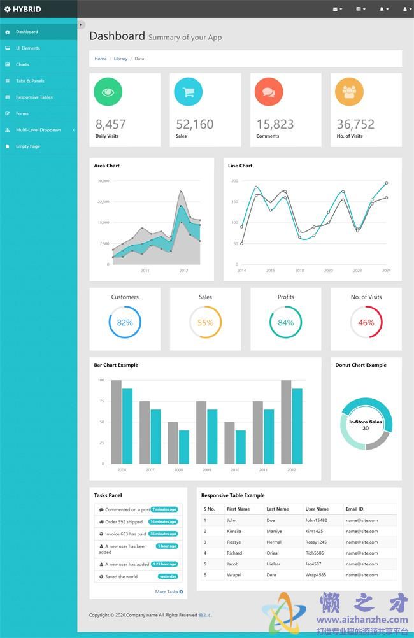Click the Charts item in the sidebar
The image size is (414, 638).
click(22, 64)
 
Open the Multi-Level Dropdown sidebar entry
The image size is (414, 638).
click(38, 130)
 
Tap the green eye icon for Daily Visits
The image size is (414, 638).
click(108, 92)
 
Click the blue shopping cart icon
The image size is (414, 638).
click(188, 92)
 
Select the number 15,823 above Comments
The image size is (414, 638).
click(275, 124)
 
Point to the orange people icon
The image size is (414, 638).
click(349, 92)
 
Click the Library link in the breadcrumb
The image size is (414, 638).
click(120, 59)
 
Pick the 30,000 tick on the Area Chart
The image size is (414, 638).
click(103, 181)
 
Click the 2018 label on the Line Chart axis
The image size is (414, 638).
click(299, 271)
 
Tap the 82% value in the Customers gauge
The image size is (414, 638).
click(125, 323)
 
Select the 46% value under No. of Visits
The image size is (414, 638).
click(366, 323)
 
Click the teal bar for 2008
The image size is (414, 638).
click(184, 447)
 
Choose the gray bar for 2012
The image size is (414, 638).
click(286, 422)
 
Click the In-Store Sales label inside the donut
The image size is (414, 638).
click(366, 422)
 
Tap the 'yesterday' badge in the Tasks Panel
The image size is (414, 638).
click(168, 576)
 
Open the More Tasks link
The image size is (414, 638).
click(169, 592)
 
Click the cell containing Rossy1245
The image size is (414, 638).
click(316, 542)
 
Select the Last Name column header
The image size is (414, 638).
click(278, 509)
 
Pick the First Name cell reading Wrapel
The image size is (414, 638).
click(234, 574)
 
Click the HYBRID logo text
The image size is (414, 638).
click(27, 9)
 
